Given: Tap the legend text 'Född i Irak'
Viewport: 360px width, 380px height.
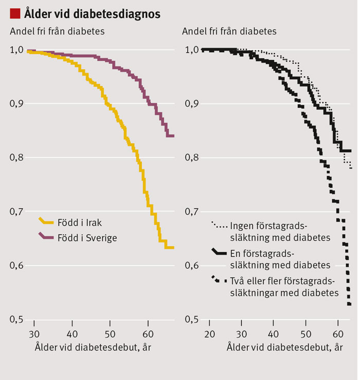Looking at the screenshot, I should coord(80,222).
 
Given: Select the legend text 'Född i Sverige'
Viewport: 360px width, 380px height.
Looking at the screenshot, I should coord(87,237).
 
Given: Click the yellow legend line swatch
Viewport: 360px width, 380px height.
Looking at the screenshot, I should coord(46,221).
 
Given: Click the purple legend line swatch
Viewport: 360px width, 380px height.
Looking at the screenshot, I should coord(46,237).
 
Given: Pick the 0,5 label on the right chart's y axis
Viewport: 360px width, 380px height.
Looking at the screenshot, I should coord(191,320).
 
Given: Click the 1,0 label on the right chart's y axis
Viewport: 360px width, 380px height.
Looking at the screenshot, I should coord(191,50).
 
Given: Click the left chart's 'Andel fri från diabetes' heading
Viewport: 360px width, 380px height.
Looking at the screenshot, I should coord(58,31).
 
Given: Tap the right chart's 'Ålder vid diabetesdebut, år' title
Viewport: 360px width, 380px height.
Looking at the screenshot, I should coord(284,348).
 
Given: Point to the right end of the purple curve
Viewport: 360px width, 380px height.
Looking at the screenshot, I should coord(173,136).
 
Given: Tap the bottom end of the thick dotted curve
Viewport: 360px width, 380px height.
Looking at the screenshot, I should coord(349,304).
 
